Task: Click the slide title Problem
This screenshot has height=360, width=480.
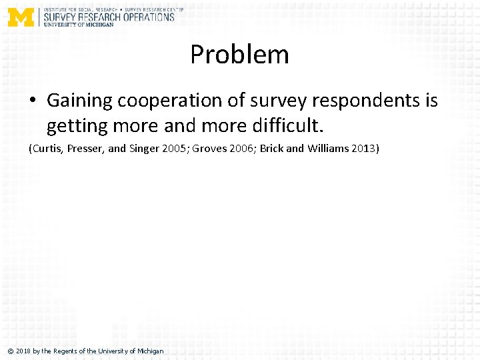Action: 239,55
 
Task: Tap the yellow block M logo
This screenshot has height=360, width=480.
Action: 21,17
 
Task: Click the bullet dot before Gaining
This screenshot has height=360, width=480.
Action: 33,101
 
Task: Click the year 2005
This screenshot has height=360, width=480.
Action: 175,148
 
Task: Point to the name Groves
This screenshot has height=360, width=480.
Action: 209,148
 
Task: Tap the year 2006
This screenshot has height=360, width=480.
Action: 242,148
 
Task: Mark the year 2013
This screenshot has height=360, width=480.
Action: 363,148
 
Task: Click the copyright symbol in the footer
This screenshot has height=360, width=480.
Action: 10,351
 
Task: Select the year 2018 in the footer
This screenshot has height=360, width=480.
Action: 23,351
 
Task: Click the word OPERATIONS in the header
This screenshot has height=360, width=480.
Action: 148,17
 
